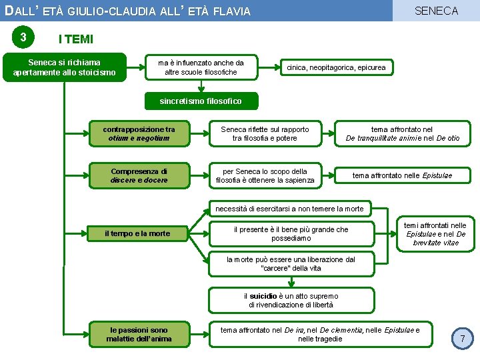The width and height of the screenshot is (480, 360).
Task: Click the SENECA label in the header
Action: pos(437,11)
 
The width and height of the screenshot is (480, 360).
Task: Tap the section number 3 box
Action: pos(23,37)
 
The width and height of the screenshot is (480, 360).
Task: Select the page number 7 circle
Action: pos(463,339)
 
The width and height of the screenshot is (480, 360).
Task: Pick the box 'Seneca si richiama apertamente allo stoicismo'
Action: pos(65,67)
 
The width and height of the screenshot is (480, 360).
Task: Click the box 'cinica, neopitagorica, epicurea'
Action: pos(336,67)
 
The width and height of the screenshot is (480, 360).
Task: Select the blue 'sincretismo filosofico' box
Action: pos(200,101)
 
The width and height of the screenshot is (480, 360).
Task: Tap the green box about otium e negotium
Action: pos(139,134)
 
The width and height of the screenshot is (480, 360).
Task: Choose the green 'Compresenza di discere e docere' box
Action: pos(139,175)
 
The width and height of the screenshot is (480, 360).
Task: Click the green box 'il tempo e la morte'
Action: pos(137,233)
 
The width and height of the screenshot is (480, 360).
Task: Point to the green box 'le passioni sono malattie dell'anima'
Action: pos(139,334)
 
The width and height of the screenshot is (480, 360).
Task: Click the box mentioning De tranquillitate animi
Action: pos(402,134)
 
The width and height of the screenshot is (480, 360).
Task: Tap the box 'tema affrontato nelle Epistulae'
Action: pos(402,175)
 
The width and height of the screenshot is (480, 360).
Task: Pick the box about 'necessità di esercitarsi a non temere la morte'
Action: pos(289,209)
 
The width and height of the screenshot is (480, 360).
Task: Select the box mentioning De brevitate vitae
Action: pos(436,234)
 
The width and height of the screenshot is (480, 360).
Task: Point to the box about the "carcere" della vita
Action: pos(291,263)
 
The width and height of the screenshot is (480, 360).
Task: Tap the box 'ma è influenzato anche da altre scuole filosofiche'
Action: pos(201,67)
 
